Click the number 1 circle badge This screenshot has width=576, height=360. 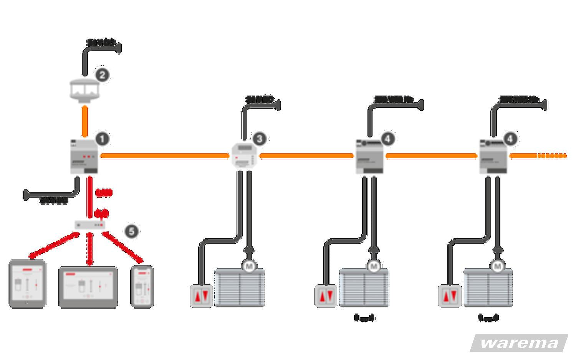click(102, 139)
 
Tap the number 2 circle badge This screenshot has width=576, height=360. click(102, 75)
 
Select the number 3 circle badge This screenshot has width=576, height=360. click(259, 139)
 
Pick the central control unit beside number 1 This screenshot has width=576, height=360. click(84, 157)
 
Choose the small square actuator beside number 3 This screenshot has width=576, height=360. click(243, 155)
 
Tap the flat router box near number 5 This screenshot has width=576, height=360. click(90, 225)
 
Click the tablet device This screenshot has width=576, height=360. click(27, 284)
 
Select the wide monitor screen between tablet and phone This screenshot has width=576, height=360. click(88, 287)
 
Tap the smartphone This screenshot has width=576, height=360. click(142, 286)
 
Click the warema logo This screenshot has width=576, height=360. click(519, 343)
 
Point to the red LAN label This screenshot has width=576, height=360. click(104, 193)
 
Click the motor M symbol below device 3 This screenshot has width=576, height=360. click(249, 266)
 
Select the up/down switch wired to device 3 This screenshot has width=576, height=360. click(201, 296)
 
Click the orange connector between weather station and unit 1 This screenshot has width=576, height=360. click(85, 121)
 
